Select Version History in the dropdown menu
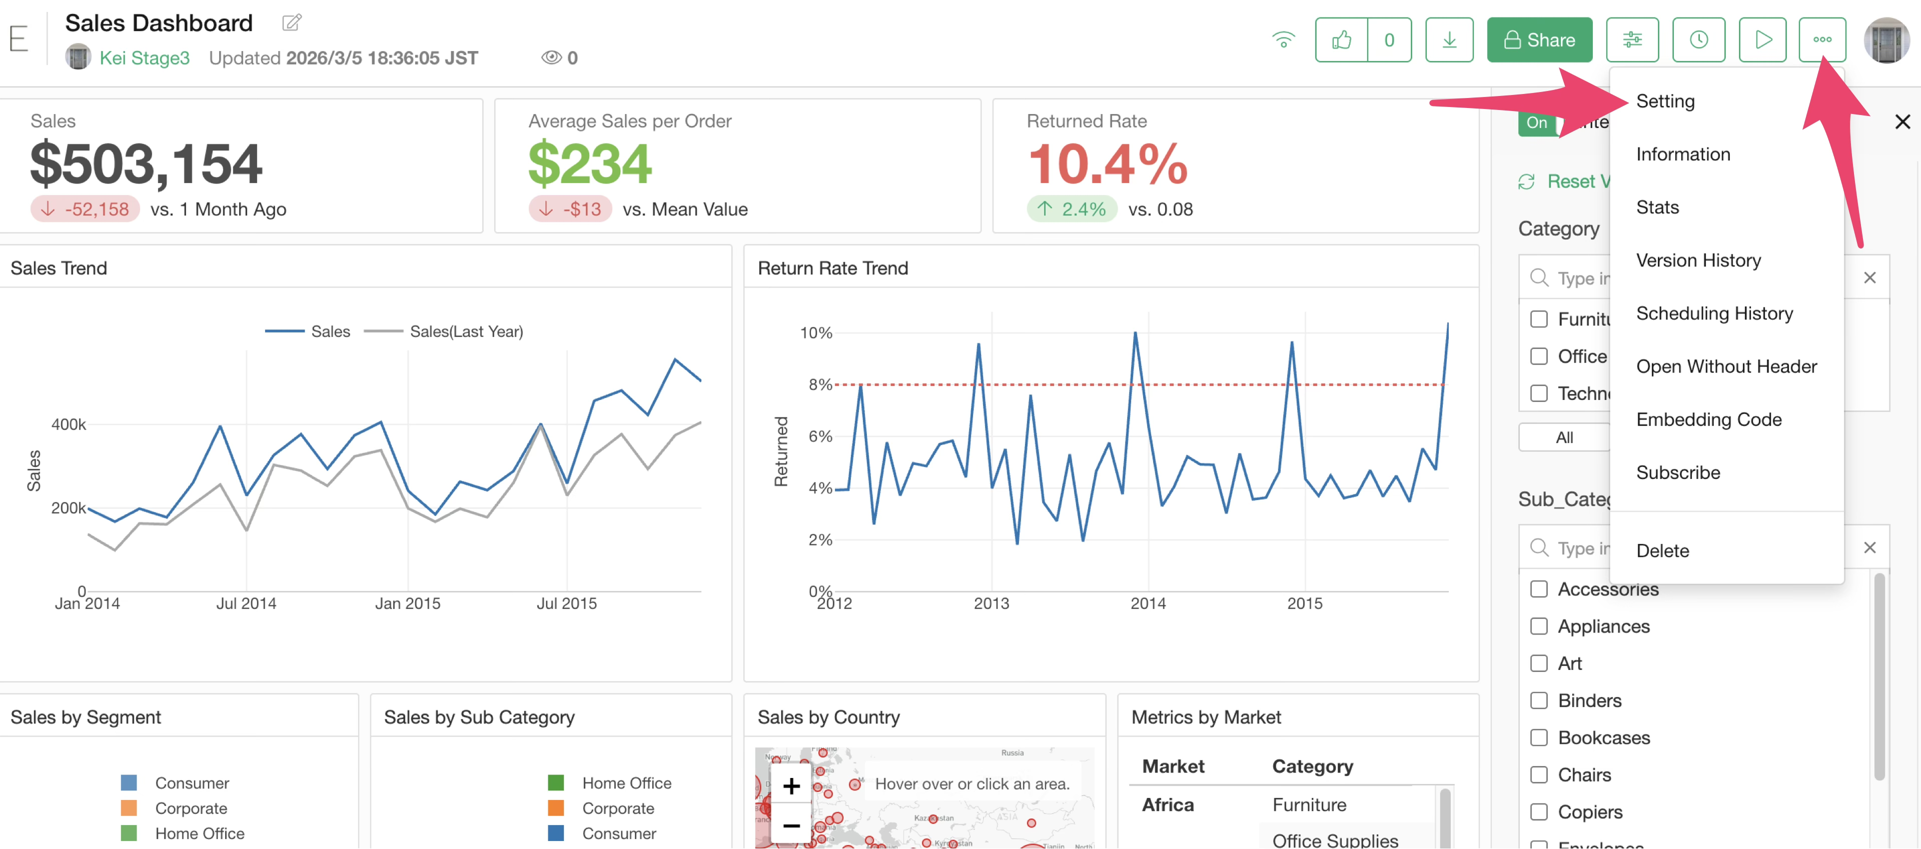coord(1698,260)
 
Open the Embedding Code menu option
coord(1708,419)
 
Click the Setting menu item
coord(1664,101)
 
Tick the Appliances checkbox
coord(1538,626)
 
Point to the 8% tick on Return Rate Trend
coord(819,384)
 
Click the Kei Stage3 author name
coord(144,58)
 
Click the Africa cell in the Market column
coord(1168,805)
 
